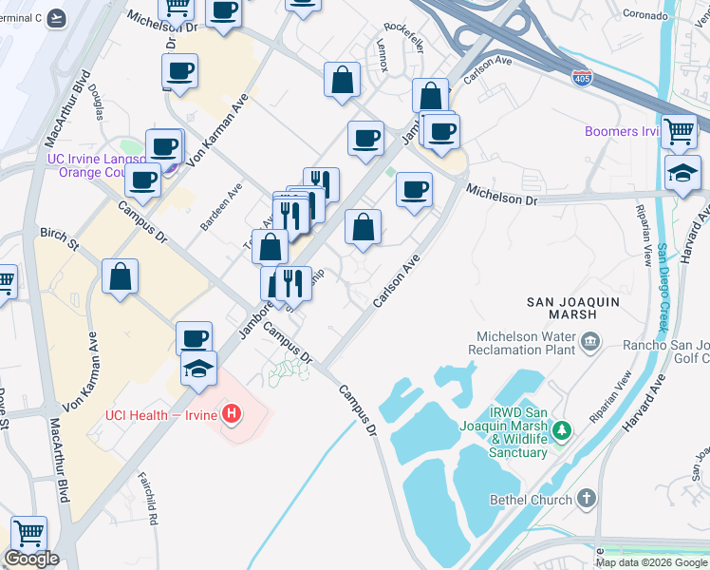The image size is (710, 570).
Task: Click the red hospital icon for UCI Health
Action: point(231,413)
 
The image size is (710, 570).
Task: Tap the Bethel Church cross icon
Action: point(587,499)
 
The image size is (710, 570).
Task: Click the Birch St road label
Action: point(59,238)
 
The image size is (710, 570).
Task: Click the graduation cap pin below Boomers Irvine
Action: point(682,173)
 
